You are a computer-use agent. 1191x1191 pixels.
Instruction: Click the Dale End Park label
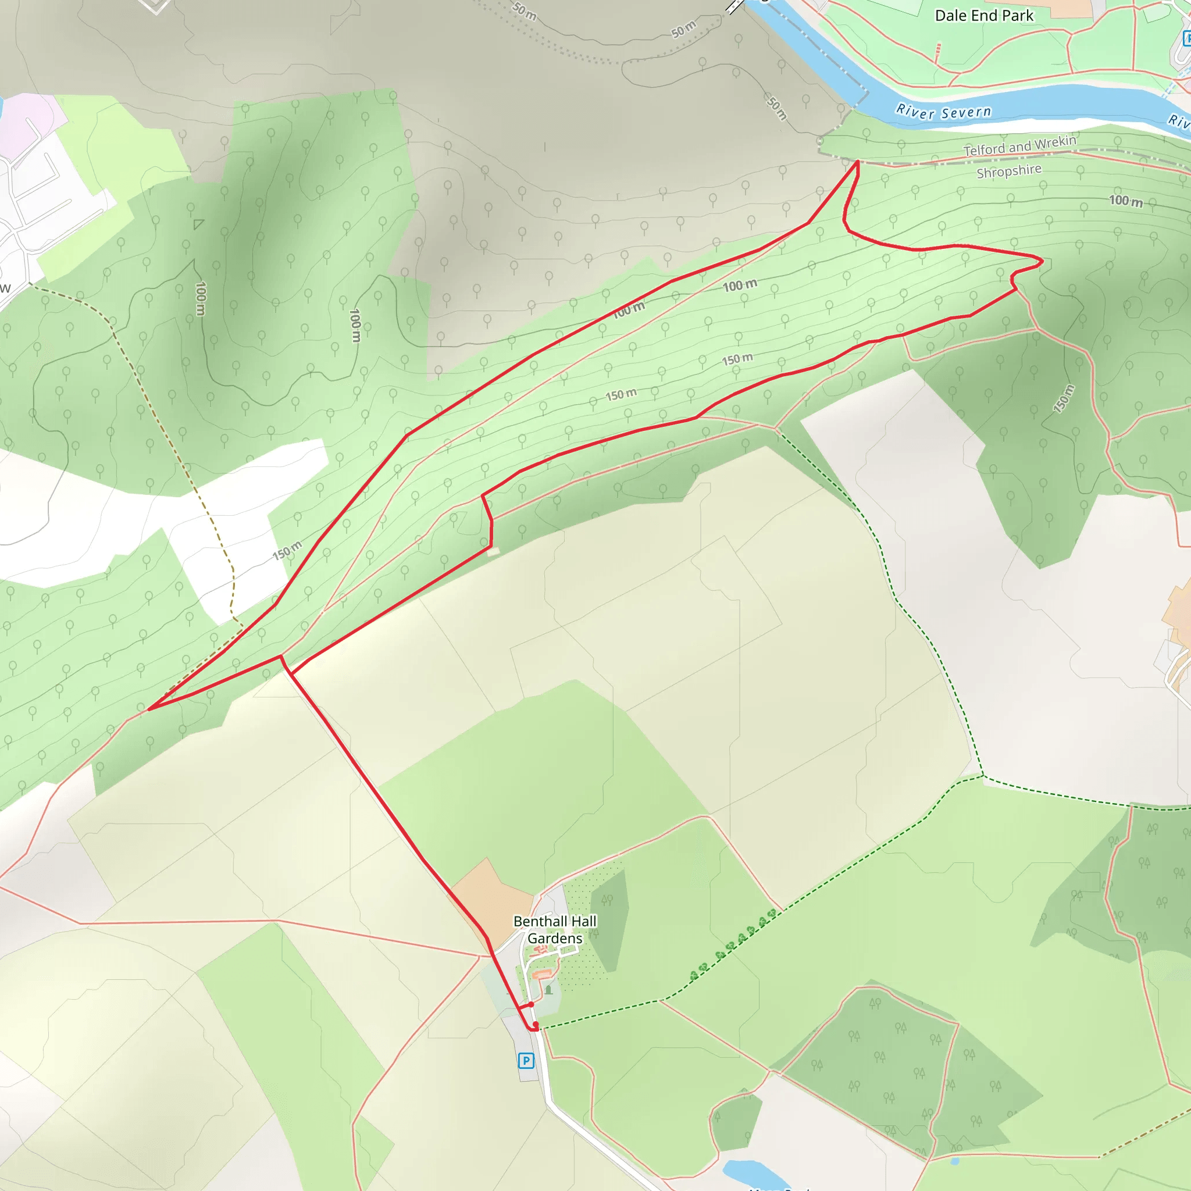[x=984, y=16]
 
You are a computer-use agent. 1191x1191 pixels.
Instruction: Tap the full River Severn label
[x=943, y=112]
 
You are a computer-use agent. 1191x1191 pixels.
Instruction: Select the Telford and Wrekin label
[x=1019, y=146]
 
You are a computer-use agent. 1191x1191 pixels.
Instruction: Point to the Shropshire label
[x=1009, y=171]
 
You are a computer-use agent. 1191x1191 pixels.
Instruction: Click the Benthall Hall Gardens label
[x=555, y=930]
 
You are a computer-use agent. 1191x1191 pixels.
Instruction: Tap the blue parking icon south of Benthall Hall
[x=526, y=1060]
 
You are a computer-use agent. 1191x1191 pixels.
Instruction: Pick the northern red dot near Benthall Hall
[x=531, y=1004]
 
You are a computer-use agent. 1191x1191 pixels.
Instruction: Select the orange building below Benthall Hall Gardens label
[x=541, y=975]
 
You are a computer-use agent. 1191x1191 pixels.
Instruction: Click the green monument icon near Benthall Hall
[x=548, y=989]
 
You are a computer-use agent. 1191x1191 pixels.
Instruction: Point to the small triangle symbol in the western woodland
[x=198, y=224]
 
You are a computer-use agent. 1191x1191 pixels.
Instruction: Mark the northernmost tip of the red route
[x=858, y=162]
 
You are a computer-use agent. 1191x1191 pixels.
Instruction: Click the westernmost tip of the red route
[x=149, y=709]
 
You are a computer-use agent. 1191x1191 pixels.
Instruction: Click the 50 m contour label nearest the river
[x=778, y=107]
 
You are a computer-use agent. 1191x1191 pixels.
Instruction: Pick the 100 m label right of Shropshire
[x=1126, y=201]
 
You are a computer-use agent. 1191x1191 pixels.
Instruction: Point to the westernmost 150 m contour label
[x=287, y=550]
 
